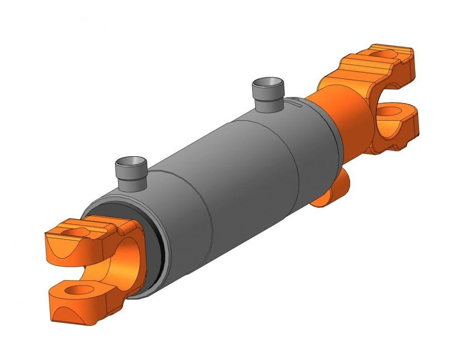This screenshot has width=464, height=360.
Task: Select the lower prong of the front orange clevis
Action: click(x=77, y=299)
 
